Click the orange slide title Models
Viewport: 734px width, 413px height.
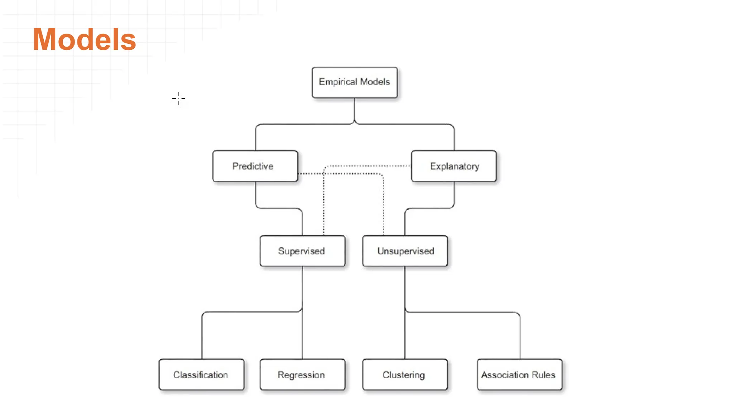point(84,39)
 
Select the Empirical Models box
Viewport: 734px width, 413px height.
point(354,82)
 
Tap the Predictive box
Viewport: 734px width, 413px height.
point(255,166)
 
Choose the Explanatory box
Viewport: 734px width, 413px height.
point(454,166)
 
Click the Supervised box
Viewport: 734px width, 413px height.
point(302,251)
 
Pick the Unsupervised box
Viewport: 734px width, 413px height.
point(405,251)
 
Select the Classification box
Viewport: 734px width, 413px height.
point(201,375)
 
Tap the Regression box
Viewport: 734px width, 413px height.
point(302,375)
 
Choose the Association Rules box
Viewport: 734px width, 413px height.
point(519,375)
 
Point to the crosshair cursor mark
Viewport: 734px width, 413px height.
point(178,98)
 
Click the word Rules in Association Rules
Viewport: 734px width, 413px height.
point(543,375)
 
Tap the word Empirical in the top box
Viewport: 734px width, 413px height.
point(338,82)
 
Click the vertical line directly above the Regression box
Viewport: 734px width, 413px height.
point(302,337)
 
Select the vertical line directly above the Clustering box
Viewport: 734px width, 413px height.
point(405,337)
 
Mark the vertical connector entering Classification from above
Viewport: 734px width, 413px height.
point(202,337)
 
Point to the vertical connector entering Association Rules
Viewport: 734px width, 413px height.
point(520,337)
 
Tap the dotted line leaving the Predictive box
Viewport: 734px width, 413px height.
point(310,174)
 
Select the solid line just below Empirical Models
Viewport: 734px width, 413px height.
point(354,109)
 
